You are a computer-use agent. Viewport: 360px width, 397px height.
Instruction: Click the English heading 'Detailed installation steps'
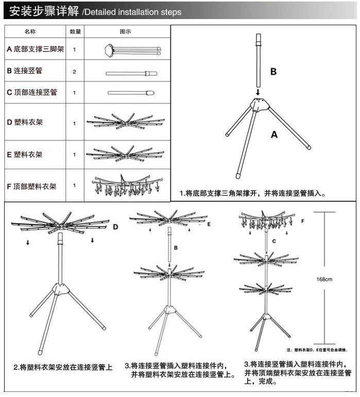click(x=132, y=12)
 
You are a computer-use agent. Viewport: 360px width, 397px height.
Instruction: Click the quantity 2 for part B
click(x=75, y=72)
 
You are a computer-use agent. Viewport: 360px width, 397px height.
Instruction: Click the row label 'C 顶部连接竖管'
click(x=32, y=93)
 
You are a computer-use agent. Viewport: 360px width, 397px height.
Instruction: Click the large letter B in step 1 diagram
click(x=273, y=72)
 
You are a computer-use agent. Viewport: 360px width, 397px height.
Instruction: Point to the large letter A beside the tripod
click(x=274, y=135)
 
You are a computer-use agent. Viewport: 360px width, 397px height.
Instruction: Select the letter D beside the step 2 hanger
click(x=115, y=227)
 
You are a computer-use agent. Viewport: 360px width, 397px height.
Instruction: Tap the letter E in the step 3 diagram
click(x=209, y=225)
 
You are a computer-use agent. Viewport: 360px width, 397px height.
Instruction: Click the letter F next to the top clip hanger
click(x=302, y=221)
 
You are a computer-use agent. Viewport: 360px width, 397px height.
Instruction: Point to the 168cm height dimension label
click(x=324, y=280)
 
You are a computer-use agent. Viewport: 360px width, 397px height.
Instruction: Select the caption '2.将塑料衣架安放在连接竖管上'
click(x=63, y=368)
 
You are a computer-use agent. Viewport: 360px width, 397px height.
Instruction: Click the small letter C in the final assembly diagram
click(x=274, y=240)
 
